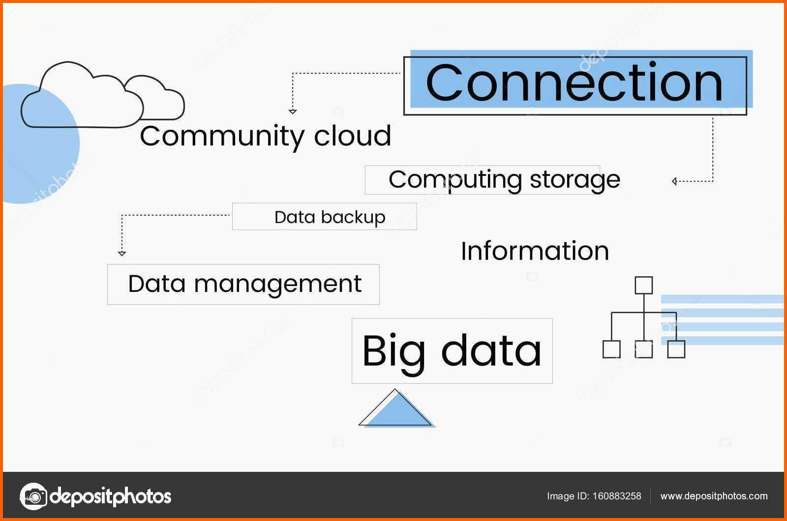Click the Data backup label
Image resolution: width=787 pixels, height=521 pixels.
pyautogui.click(x=330, y=217)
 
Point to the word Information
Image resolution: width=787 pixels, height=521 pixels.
pyautogui.click(x=535, y=251)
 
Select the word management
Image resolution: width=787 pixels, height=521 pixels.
pyautogui.click(x=277, y=285)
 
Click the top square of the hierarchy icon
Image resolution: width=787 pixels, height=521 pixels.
pyautogui.click(x=644, y=286)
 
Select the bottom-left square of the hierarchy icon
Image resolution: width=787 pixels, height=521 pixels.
pyautogui.click(x=611, y=349)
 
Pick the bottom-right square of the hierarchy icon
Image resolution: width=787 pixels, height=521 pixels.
pyautogui.click(x=676, y=349)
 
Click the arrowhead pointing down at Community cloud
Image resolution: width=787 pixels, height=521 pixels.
pyautogui.click(x=293, y=112)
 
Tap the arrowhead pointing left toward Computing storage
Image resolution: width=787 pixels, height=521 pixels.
pyautogui.click(x=674, y=181)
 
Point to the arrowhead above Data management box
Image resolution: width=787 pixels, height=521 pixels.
pyautogui.click(x=122, y=254)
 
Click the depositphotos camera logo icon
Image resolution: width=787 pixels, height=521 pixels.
pyautogui.click(x=33, y=496)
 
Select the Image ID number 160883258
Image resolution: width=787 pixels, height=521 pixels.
pyautogui.click(x=617, y=496)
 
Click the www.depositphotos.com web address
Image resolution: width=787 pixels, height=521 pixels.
pyautogui.click(x=714, y=496)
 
